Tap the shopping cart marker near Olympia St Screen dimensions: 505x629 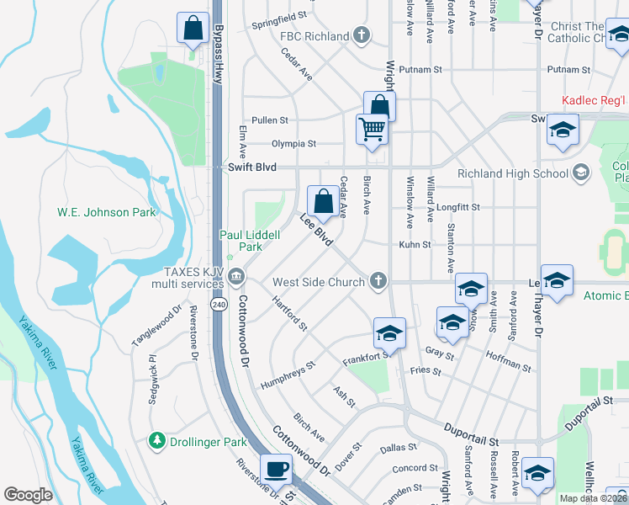click(372, 130)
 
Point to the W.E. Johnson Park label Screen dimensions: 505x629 click(106, 212)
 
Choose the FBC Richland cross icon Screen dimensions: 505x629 click(362, 36)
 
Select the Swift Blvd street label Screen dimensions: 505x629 click(252, 167)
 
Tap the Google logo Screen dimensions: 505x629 click(28, 494)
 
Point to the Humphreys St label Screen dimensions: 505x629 click(286, 371)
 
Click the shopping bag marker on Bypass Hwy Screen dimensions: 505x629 click(193, 29)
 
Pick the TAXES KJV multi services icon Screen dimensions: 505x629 click(236, 274)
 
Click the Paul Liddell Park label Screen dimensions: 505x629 click(250, 242)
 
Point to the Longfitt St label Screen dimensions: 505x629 click(458, 206)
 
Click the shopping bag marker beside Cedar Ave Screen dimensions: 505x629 click(324, 201)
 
